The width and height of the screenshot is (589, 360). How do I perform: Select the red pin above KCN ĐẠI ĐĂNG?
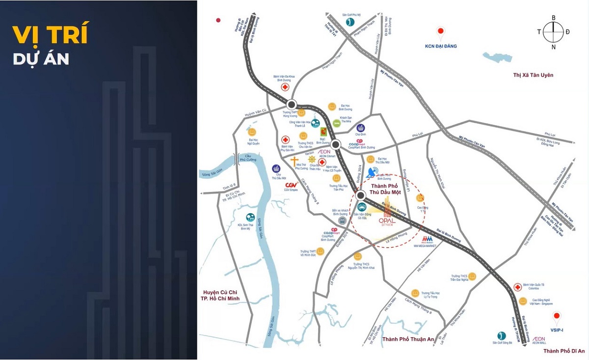[441, 34]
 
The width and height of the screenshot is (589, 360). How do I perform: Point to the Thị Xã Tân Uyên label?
[533, 75]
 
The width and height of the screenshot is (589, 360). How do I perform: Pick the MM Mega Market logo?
[427, 240]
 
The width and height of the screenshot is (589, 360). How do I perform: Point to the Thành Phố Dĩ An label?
[564, 351]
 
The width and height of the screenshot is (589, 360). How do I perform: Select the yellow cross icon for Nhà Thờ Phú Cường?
[294, 163]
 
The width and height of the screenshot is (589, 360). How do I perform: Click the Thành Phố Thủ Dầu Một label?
[386, 189]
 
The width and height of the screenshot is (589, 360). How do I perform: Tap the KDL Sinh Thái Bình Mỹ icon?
[250, 217]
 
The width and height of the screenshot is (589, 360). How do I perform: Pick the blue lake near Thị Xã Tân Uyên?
[498, 57]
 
